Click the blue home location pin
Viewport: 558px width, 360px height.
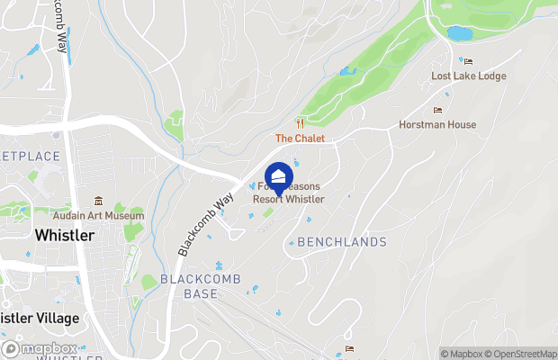click(279, 175)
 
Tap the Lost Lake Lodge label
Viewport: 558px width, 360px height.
click(468, 76)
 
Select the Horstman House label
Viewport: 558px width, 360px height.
click(438, 125)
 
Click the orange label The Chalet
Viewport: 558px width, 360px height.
click(300, 139)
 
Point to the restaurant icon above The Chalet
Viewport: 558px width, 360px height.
click(301, 123)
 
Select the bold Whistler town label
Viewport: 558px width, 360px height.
click(64, 235)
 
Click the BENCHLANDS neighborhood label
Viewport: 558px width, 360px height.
click(342, 242)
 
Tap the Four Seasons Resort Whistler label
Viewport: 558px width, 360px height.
click(288, 193)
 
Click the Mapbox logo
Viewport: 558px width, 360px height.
click(40, 348)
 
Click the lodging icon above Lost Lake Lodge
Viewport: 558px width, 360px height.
click(468, 61)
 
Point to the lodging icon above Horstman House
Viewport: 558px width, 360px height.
click(438, 110)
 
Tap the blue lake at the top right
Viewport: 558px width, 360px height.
click(459, 33)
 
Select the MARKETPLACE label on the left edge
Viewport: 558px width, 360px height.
click(30, 157)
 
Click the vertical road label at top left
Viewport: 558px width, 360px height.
click(62, 27)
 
